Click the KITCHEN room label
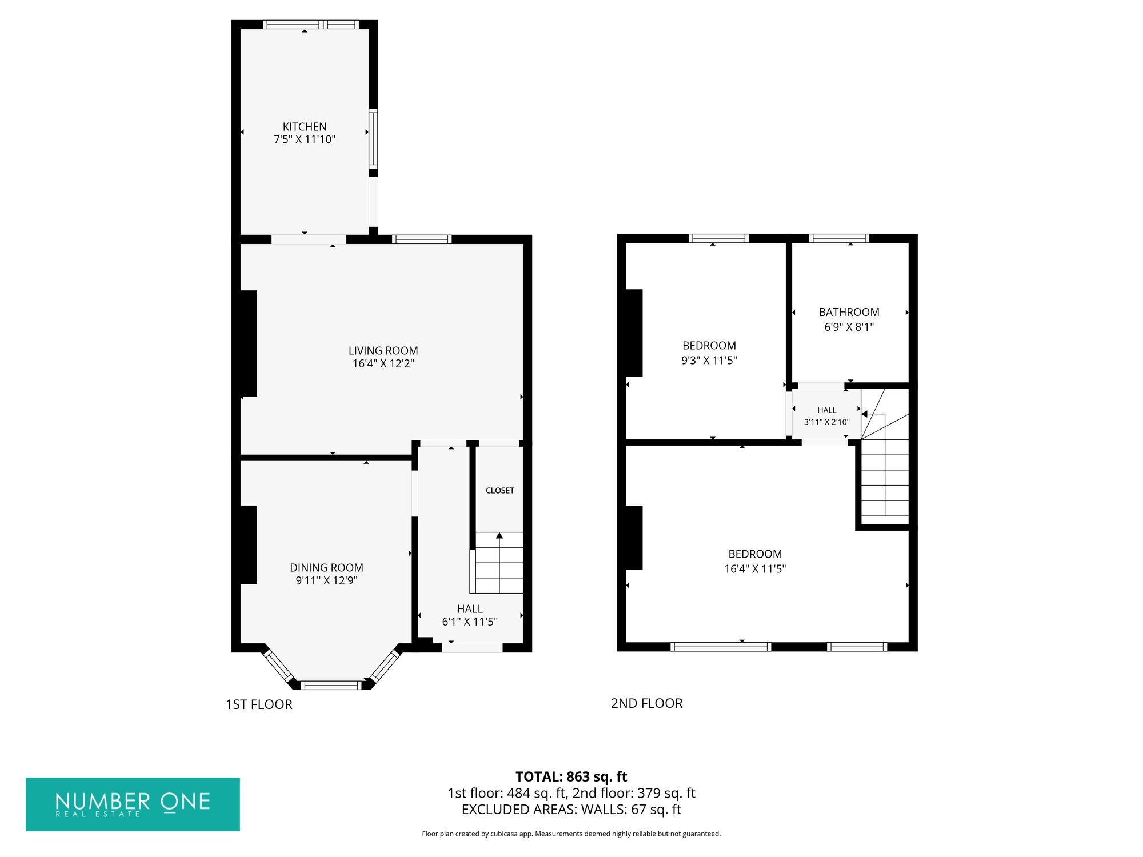click(305, 127)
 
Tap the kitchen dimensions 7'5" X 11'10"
click(305, 139)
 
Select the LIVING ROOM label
click(383, 351)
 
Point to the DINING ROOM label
click(326, 568)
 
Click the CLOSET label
click(500, 491)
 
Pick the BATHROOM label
click(849, 313)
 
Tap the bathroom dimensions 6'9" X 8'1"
click(849, 327)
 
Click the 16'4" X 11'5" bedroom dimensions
click(755, 569)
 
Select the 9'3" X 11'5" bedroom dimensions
click(709, 361)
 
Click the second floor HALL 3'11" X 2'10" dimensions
click(827, 422)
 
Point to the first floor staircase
click(499, 563)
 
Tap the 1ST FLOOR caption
click(259, 704)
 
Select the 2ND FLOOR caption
click(647, 703)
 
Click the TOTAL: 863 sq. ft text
click(571, 777)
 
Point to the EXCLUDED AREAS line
click(571, 810)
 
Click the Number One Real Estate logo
click(133, 804)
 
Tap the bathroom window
click(839, 238)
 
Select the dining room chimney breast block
click(248, 545)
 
